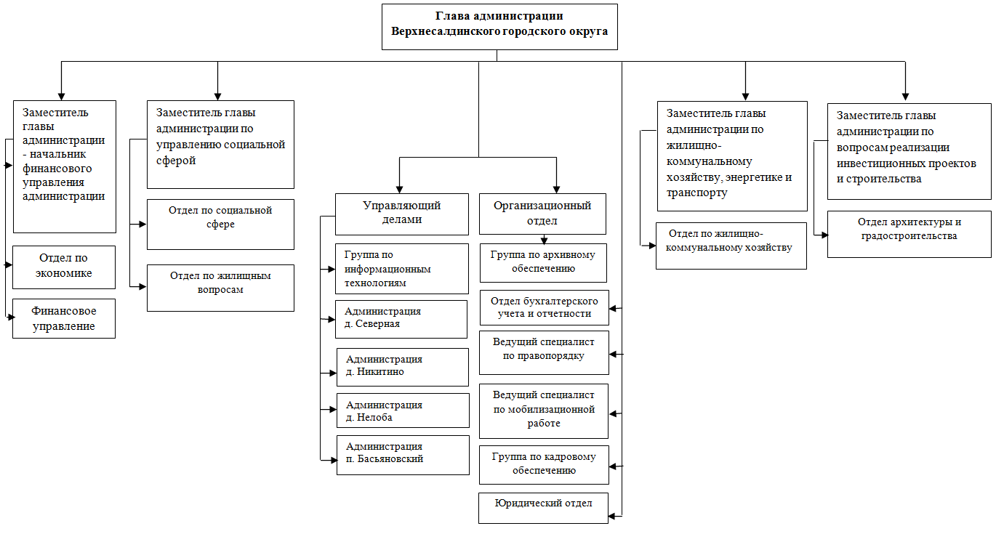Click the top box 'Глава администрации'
click(x=499, y=27)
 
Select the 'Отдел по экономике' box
click(x=64, y=267)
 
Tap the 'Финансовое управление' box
click(x=64, y=318)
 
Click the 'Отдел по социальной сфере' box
click(x=220, y=224)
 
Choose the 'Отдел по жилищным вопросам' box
click(x=220, y=288)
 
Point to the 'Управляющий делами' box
click(x=402, y=214)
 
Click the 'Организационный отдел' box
click(x=542, y=214)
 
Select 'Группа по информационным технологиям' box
click(x=402, y=269)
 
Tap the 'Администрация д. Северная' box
click(x=401, y=320)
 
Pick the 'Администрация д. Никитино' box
click(x=403, y=368)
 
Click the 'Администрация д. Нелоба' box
click(x=403, y=410)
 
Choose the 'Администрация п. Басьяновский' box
click(x=403, y=456)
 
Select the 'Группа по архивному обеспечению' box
click(x=543, y=263)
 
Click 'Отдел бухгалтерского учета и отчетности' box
click(x=545, y=308)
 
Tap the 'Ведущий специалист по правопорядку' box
click(x=544, y=353)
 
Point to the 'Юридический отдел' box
click(x=543, y=509)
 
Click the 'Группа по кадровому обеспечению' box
click(x=544, y=465)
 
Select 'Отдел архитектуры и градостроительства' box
click(x=909, y=234)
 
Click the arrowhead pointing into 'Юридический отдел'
click(x=612, y=517)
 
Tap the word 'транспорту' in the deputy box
click(x=696, y=193)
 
